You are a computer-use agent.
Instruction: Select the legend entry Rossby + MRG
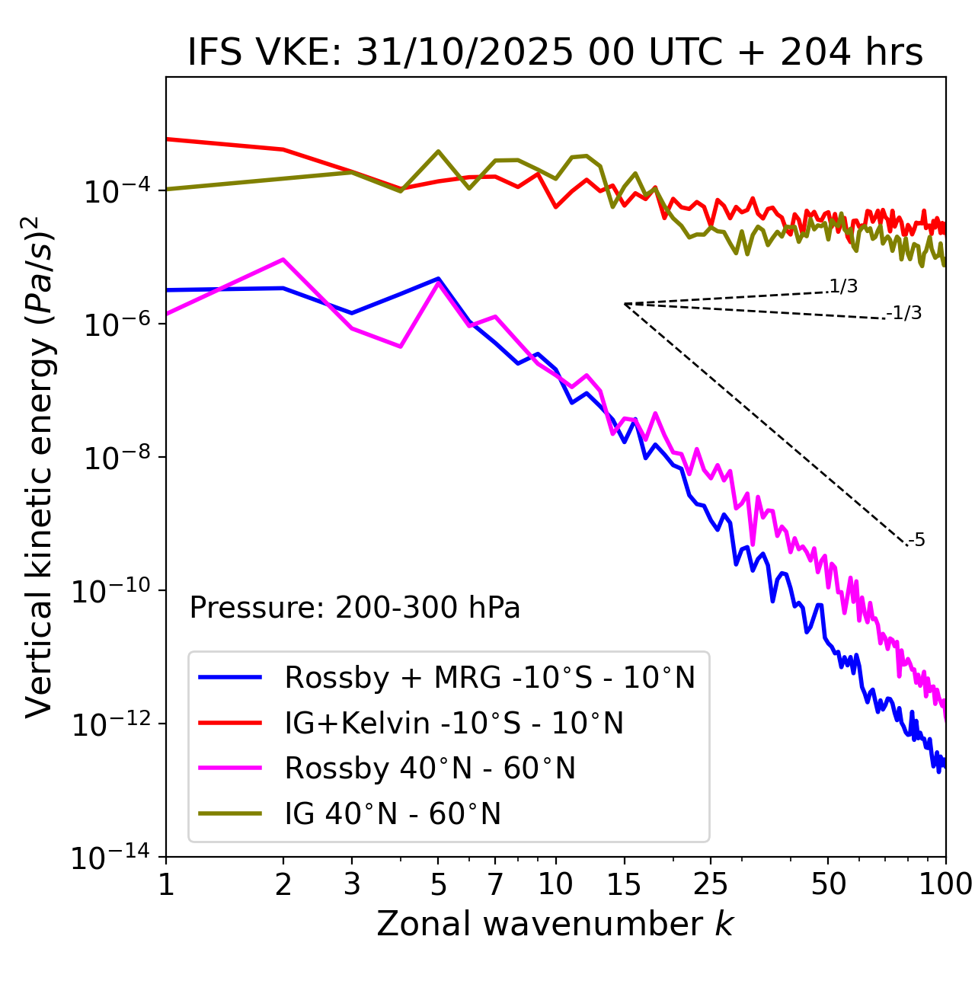(x=489, y=677)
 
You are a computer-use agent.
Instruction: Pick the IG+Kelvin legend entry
(x=454, y=723)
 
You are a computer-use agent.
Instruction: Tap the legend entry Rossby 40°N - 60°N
(x=430, y=769)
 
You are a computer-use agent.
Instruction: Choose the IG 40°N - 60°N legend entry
(x=392, y=814)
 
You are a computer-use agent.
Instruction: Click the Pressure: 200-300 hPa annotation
(x=354, y=608)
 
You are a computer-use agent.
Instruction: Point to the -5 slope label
(x=917, y=541)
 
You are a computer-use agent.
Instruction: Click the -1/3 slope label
(x=905, y=313)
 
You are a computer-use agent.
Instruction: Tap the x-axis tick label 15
(x=624, y=884)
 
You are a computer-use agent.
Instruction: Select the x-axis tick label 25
(x=711, y=884)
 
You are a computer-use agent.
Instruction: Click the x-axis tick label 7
(x=495, y=884)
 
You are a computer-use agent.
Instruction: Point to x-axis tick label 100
(x=945, y=884)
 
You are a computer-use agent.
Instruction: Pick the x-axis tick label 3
(x=351, y=884)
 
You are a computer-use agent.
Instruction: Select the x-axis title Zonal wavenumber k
(x=555, y=924)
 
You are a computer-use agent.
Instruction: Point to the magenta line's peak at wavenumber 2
(x=283, y=260)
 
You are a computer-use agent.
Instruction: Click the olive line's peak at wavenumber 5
(x=438, y=151)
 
